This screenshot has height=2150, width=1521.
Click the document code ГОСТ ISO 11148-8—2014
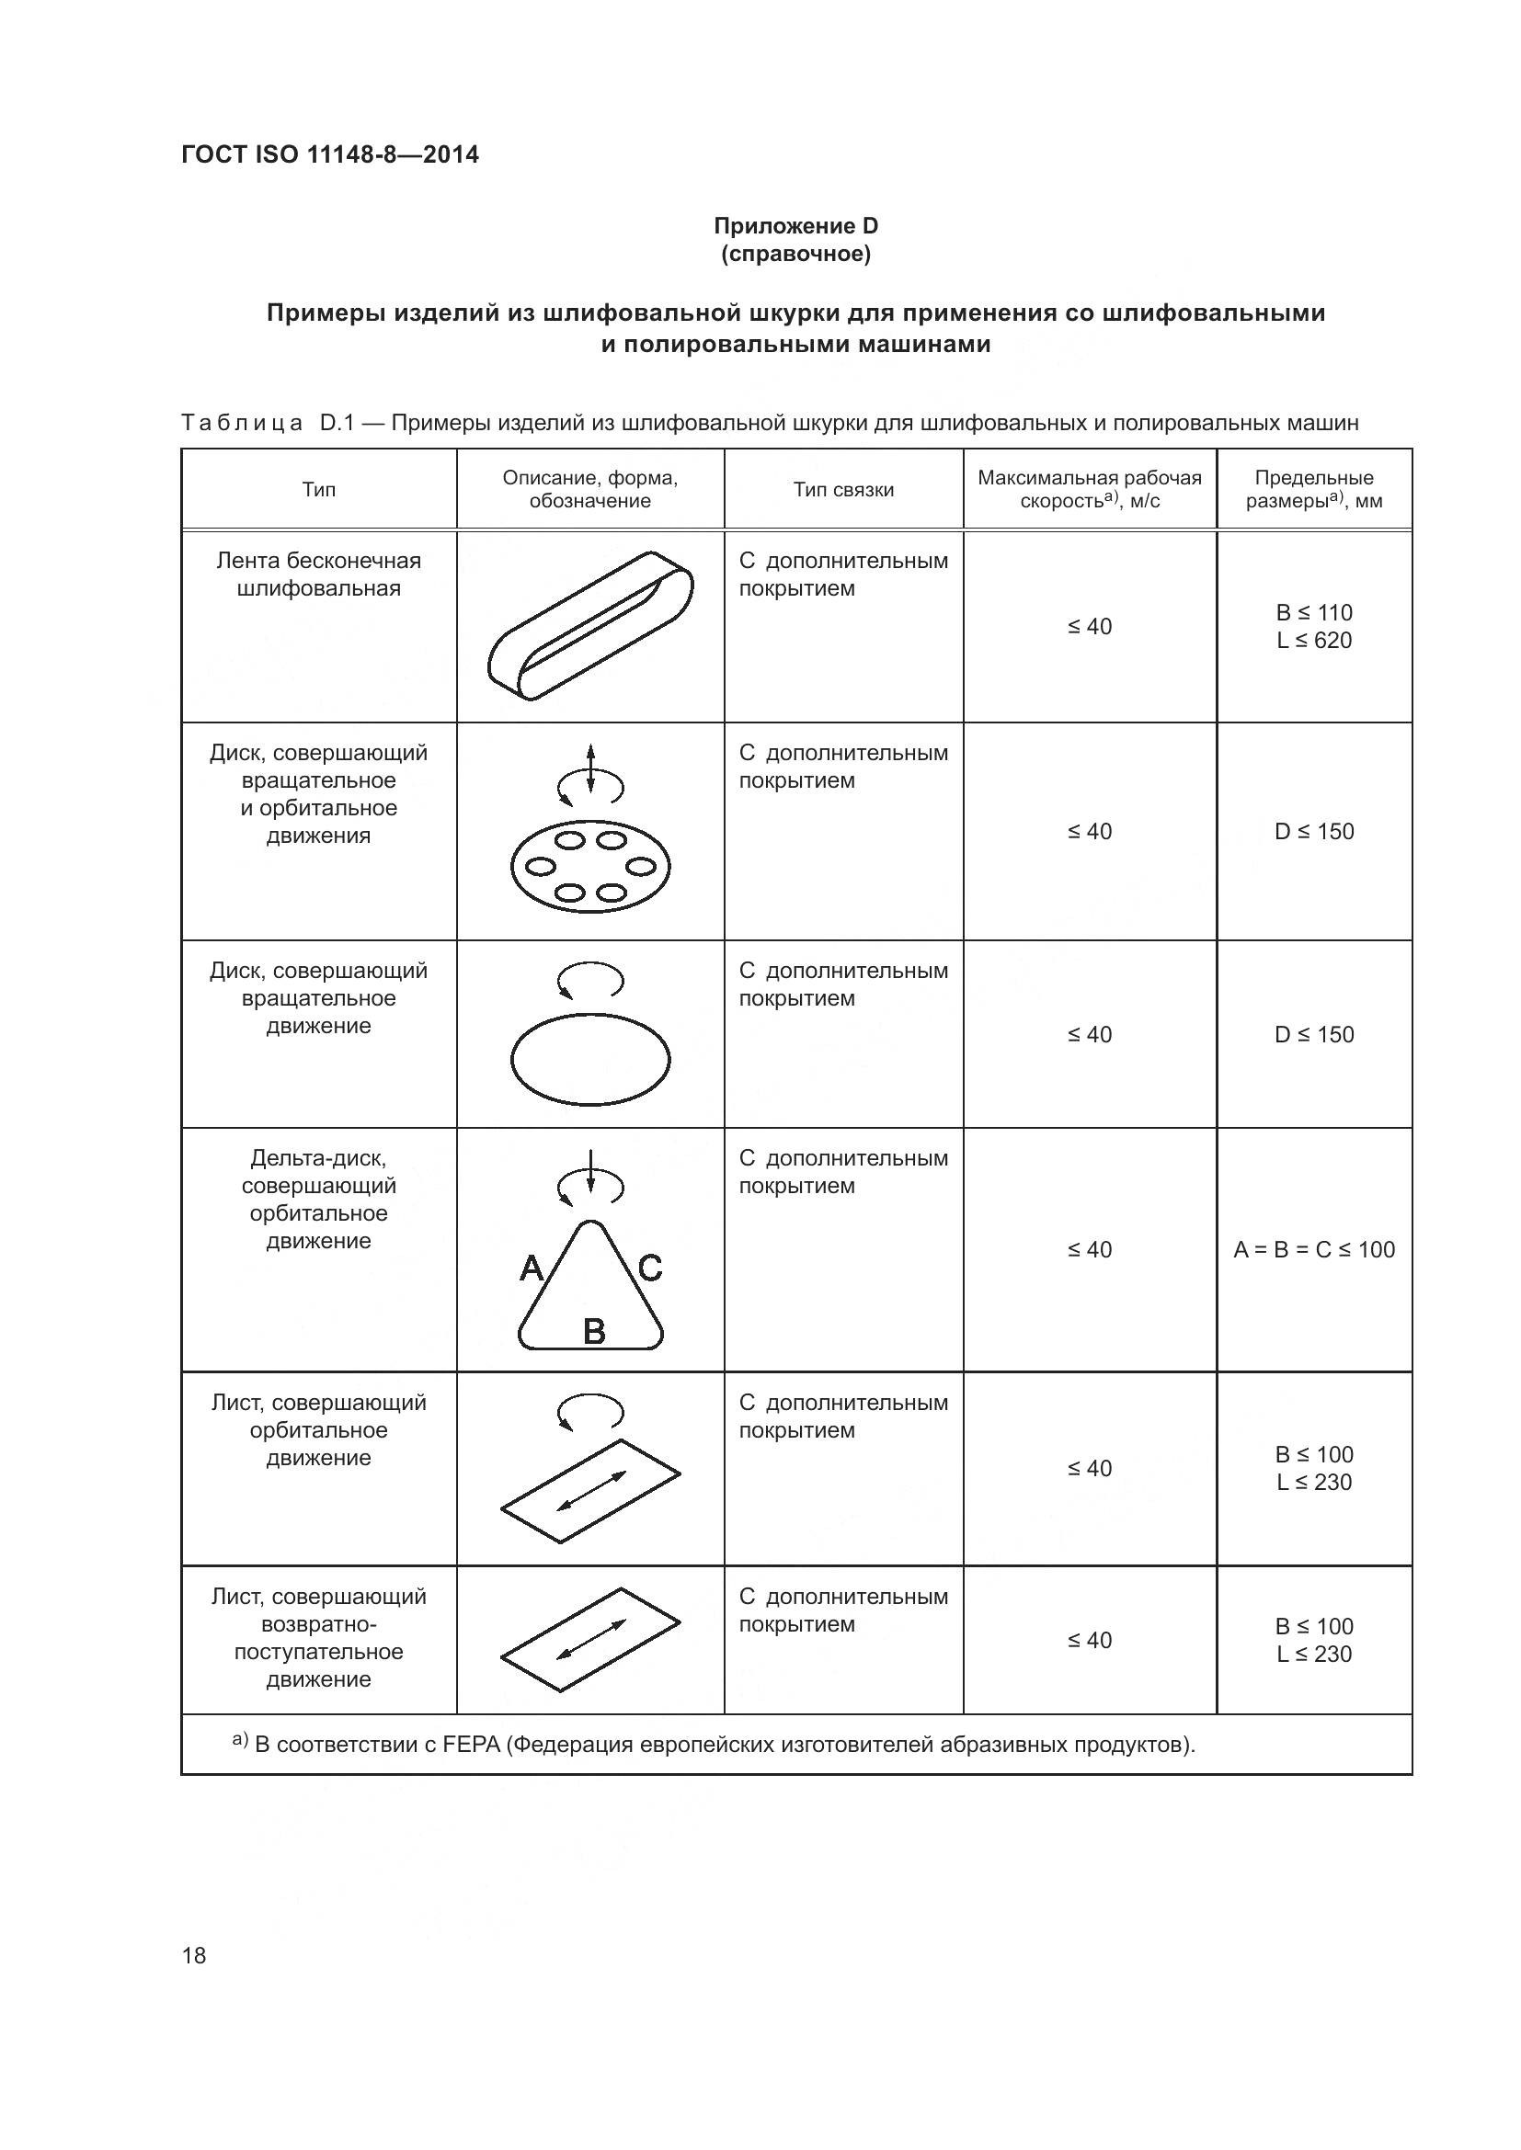click(330, 154)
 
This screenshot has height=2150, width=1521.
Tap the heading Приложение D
click(795, 226)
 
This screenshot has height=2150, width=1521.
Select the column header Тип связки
click(843, 490)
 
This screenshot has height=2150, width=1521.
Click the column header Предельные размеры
click(1313, 490)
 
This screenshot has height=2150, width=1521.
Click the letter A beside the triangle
click(531, 1268)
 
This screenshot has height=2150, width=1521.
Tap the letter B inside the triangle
click(594, 1331)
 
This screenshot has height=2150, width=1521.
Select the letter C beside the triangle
click(650, 1268)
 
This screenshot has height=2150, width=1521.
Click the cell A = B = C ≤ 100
click(1313, 1249)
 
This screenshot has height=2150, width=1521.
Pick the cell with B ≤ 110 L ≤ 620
click(1313, 627)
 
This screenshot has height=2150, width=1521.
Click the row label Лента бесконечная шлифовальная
click(318, 574)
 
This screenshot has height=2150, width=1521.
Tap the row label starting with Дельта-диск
click(318, 1200)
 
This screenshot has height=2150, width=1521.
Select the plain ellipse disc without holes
click(590, 1060)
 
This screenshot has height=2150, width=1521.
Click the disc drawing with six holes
click(590, 866)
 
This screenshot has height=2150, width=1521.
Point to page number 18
click(194, 1955)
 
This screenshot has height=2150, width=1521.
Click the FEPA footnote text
click(723, 1745)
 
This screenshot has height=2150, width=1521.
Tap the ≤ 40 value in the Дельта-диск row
click(1089, 1249)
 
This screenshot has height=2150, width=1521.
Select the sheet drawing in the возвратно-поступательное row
click(590, 1640)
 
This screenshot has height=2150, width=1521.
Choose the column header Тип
click(318, 490)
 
